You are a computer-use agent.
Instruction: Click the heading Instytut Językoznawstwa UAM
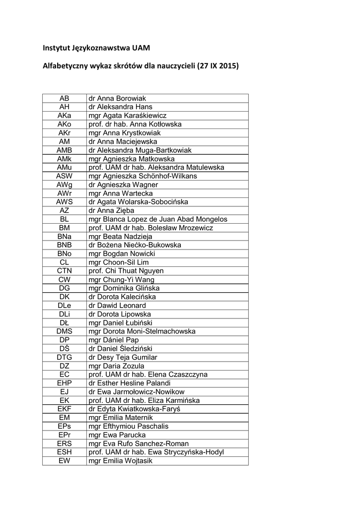point(96,48)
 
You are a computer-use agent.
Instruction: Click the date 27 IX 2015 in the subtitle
point(217,65)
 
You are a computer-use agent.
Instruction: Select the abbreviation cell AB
point(65,98)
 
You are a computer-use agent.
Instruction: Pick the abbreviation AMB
point(65,150)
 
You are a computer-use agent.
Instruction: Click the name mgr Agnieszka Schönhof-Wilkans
point(143,176)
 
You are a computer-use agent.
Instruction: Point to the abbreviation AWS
point(65,202)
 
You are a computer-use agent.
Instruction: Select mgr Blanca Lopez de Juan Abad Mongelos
point(157,219)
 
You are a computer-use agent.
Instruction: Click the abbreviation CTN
point(65,271)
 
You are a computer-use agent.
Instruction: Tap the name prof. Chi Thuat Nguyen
point(126,271)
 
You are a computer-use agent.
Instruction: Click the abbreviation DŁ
point(65,322)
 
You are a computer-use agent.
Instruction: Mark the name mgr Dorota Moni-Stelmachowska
point(142,331)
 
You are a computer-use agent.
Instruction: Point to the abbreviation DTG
point(65,357)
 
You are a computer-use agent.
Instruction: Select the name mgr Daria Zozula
point(116,366)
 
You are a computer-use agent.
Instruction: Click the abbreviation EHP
point(65,383)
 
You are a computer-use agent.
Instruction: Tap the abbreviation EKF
point(65,409)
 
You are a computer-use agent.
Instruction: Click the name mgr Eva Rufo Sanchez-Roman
point(138,444)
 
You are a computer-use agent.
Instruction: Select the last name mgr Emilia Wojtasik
point(120,461)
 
